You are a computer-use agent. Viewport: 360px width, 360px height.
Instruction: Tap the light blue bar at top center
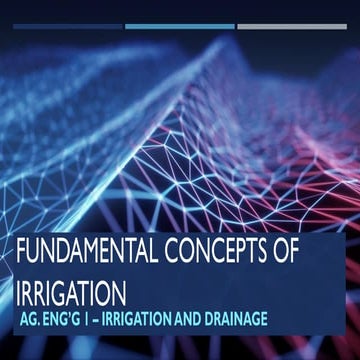click(180, 26)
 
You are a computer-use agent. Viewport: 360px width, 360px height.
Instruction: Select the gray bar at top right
click(291, 26)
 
